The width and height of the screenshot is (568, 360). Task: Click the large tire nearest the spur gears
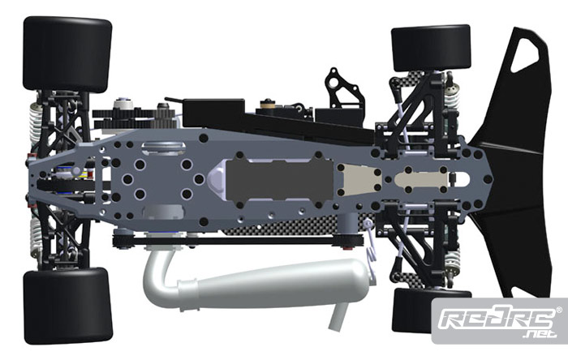pos(67,54)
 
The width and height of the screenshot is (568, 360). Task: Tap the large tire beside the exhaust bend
pos(68,306)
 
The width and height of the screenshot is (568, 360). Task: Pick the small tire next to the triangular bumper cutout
pos(431,48)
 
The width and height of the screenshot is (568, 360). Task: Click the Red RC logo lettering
pos(497,319)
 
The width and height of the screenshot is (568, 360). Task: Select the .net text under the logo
pos(540,333)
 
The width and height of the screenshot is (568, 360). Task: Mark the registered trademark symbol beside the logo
pos(559,310)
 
